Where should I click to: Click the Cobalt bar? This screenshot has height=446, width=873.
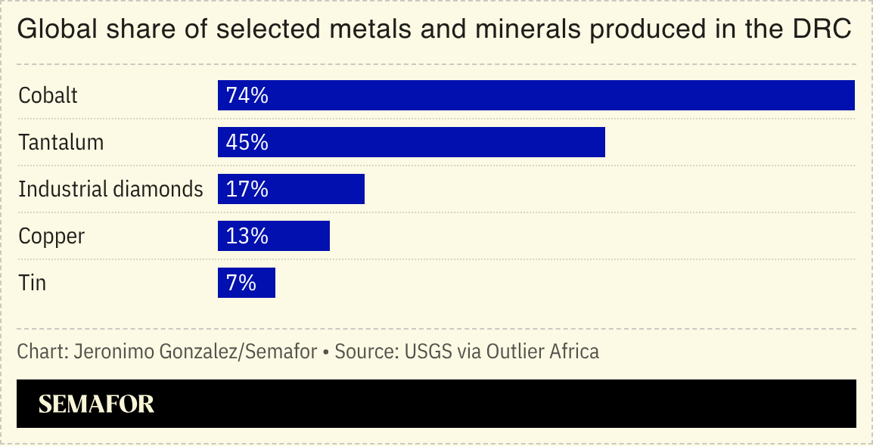[536, 95]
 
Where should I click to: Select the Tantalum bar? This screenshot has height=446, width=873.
[411, 142]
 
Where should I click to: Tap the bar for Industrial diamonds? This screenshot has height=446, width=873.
[290, 189]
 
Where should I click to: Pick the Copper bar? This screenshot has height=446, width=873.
[273, 236]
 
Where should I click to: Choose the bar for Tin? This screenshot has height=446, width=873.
[246, 283]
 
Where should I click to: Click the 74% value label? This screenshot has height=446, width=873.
[247, 95]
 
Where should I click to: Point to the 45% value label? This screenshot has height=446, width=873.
[247, 142]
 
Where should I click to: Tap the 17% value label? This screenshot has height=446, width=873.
[247, 189]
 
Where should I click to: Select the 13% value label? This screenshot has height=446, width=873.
[247, 236]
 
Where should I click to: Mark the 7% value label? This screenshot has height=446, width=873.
[241, 283]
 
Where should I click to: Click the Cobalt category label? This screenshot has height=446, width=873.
[48, 96]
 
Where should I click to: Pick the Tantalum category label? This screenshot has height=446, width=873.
[61, 143]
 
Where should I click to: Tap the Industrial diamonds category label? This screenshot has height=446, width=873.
[110, 189]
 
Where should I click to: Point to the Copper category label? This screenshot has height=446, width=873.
[51, 236]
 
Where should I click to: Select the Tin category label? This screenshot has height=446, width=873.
[33, 283]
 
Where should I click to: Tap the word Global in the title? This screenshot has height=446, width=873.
[48, 30]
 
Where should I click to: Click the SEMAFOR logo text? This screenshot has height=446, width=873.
[96, 404]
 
